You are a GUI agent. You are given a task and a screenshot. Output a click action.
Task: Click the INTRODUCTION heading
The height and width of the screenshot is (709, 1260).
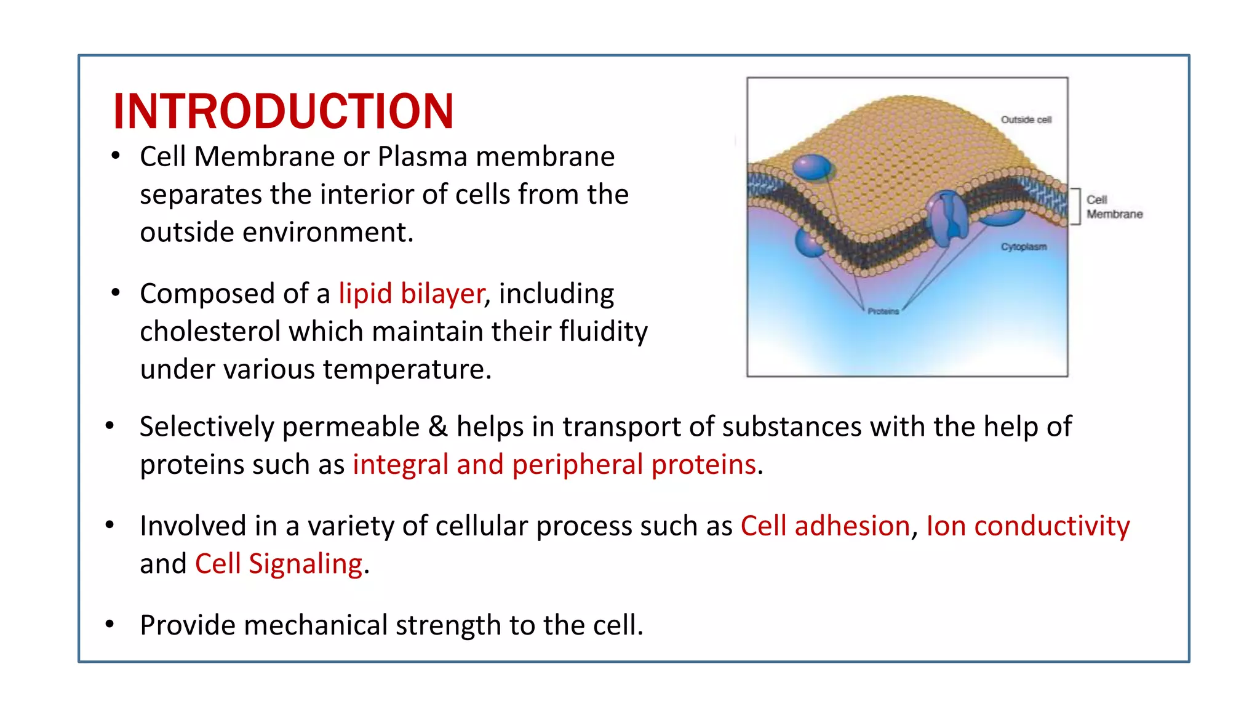(283, 111)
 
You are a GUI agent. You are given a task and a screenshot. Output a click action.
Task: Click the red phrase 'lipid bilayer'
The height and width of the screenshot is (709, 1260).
(411, 294)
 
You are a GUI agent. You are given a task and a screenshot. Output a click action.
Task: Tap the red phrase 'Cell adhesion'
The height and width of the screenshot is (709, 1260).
(824, 526)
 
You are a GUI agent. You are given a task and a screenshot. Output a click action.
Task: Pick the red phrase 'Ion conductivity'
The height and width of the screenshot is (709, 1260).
(1027, 526)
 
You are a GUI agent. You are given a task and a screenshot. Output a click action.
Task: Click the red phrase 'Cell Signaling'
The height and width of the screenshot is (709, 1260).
(278, 564)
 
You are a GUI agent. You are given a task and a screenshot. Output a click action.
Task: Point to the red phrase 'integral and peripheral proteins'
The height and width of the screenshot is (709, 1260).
(554, 465)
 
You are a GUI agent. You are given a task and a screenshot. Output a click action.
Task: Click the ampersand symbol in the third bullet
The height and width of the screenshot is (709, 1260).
(437, 427)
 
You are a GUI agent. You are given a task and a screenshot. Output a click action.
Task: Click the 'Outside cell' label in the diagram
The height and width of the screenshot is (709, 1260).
(1026, 119)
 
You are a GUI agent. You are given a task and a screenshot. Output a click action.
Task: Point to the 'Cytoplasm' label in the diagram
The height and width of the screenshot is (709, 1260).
(1023, 247)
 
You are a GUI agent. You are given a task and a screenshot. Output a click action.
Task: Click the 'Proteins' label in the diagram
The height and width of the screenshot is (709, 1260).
(883, 311)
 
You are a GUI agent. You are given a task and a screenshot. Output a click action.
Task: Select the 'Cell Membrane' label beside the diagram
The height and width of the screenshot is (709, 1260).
(1114, 207)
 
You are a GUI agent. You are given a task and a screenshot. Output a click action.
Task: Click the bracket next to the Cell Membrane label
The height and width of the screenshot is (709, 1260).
(1077, 207)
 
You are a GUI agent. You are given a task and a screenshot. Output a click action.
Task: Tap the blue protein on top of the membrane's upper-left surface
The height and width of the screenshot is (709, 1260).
(812, 167)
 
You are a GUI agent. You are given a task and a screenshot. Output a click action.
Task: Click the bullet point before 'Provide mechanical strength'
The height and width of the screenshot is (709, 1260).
(110, 625)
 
